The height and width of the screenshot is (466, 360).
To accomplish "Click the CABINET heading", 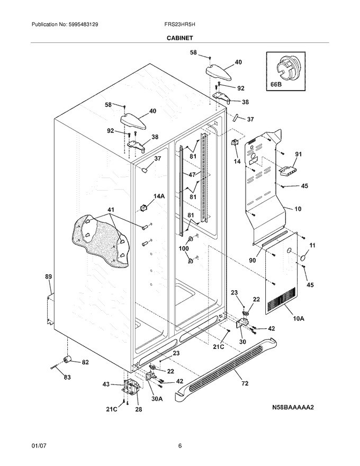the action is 179,38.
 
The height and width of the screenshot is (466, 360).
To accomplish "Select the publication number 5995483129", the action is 83,25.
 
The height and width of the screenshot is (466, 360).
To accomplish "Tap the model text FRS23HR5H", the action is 179,25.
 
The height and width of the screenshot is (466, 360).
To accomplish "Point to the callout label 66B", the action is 276,84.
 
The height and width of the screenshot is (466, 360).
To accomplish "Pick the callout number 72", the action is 245,383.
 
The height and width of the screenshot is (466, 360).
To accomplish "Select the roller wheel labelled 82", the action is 68,359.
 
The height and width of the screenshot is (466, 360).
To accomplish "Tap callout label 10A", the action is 299,319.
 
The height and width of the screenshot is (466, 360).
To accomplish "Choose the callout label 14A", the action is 159,196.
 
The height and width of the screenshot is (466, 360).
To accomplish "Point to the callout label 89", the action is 48,276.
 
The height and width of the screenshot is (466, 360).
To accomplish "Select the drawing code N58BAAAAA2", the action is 293,407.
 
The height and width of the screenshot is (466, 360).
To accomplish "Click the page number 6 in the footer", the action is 179,446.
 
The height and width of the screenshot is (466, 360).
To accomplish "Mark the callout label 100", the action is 184,248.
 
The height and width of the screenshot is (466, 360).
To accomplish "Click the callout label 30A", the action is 157,399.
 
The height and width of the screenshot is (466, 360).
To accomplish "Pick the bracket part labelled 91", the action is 288,172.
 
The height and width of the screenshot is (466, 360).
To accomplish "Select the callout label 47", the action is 192,175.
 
